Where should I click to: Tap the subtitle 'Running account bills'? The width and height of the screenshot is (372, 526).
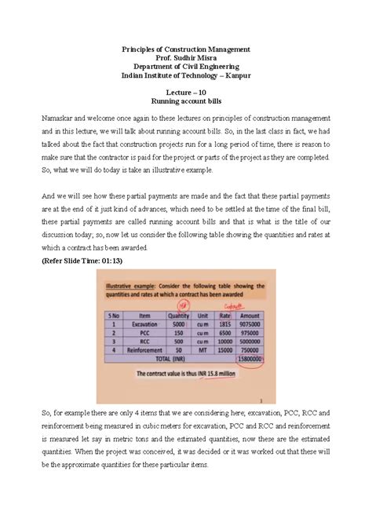click(x=186, y=102)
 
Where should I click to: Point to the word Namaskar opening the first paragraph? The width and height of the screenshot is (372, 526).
click(x=60, y=118)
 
